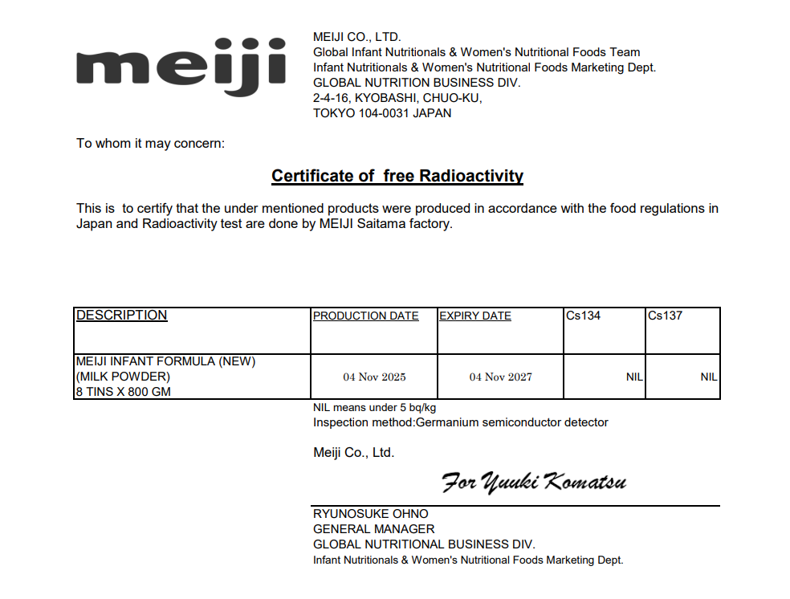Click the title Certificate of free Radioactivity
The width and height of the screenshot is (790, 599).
coord(397,176)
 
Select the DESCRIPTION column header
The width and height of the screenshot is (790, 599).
coord(121,316)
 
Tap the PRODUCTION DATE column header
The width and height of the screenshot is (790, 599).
coord(365,316)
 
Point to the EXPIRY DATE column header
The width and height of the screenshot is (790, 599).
coord(474,316)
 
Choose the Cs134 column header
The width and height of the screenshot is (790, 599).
coord(583,316)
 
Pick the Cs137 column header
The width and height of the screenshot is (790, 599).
coord(665,316)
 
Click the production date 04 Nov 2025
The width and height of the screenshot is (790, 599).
coord(374,377)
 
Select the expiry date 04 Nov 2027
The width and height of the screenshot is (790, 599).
coord(500,377)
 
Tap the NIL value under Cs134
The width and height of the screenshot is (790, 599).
coord(633,377)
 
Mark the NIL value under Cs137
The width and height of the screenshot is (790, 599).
coord(708,377)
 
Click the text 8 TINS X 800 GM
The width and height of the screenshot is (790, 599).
coord(123,392)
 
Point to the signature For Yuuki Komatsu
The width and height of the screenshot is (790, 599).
coord(534,482)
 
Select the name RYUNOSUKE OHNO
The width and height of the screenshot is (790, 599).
coord(370,514)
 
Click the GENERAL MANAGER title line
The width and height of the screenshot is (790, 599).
coord(373,529)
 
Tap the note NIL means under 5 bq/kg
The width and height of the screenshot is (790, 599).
coord(374,408)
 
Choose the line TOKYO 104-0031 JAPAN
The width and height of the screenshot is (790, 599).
coord(381,113)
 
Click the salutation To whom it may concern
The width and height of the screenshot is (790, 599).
coord(150,144)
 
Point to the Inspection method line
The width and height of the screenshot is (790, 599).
coord(460,422)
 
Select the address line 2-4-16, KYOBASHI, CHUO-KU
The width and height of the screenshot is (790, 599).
coord(397,98)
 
